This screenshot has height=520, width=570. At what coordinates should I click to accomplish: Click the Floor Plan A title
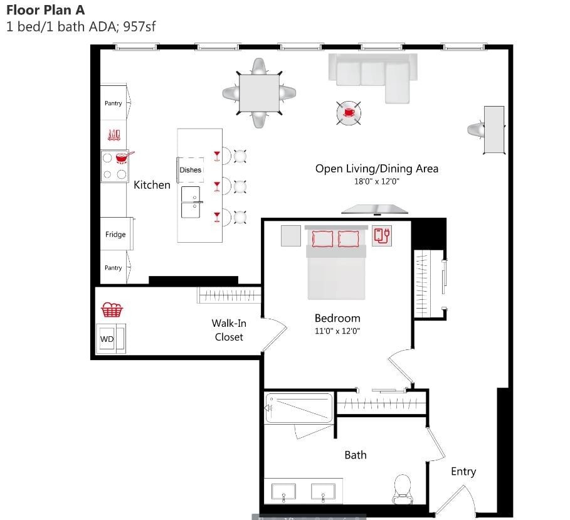[45, 10]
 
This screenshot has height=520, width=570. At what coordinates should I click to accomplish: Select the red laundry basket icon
[112, 309]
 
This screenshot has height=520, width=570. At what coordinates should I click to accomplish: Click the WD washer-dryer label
[107, 339]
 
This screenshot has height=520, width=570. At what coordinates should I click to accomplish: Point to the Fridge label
[115, 235]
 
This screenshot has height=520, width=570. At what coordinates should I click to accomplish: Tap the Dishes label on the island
[191, 170]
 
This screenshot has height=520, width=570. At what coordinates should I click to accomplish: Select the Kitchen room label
[152, 185]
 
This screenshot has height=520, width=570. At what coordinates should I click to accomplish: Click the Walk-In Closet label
[228, 330]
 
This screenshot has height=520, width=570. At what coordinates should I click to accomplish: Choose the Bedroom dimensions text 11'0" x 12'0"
[337, 331]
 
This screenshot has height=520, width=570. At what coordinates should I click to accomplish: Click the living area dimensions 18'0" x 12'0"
[376, 181]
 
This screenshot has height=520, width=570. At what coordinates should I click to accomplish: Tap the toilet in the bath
[401, 488]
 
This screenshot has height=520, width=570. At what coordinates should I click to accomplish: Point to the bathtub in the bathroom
[298, 408]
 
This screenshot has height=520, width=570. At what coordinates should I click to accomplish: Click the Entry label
[463, 472]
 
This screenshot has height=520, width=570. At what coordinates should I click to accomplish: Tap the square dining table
[260, 93]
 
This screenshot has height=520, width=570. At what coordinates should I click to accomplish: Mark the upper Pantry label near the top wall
[113, 103]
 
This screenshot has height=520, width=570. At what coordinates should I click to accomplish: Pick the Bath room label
[356, 455]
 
